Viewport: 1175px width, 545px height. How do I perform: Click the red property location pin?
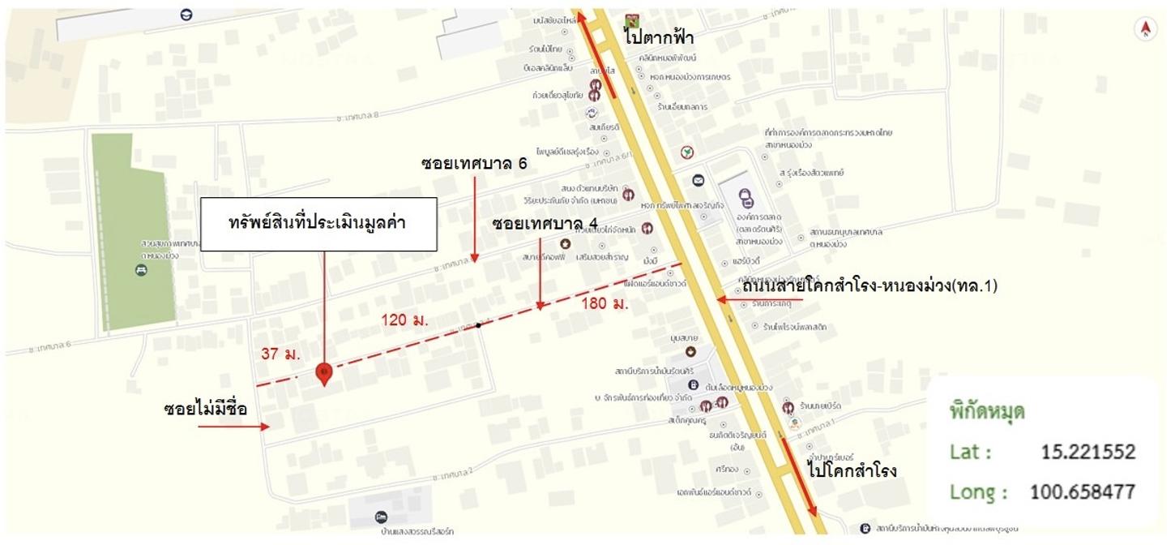(x=323, y=373)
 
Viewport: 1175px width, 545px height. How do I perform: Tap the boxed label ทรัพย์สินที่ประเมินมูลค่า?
(x=318, y=224)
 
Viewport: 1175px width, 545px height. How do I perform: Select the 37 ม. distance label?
(x=281, y=354)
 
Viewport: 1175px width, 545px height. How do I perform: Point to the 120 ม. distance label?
(x=405, y=320)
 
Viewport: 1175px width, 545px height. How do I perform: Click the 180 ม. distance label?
(x=605, y=304)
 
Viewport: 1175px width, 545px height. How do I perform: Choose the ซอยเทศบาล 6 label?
(x=474, y=164)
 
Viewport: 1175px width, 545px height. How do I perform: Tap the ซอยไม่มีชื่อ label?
(x=216, y=409)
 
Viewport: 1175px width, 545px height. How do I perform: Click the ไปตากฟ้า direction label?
(x=658, y=37)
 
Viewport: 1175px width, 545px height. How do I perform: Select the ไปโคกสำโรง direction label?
(x=852, y=470)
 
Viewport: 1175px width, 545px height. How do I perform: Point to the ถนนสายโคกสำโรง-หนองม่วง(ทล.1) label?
(x=869, y=285)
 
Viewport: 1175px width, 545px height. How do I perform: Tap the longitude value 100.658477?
(x=1082, y=491)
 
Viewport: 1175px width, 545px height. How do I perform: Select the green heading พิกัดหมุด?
(x=987, y=411)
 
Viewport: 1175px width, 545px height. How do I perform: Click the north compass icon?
(x=1145, y=30)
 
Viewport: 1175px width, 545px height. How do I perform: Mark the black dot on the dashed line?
(x=479, y=325)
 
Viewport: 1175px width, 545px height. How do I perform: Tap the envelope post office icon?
(x=698, y=180)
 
